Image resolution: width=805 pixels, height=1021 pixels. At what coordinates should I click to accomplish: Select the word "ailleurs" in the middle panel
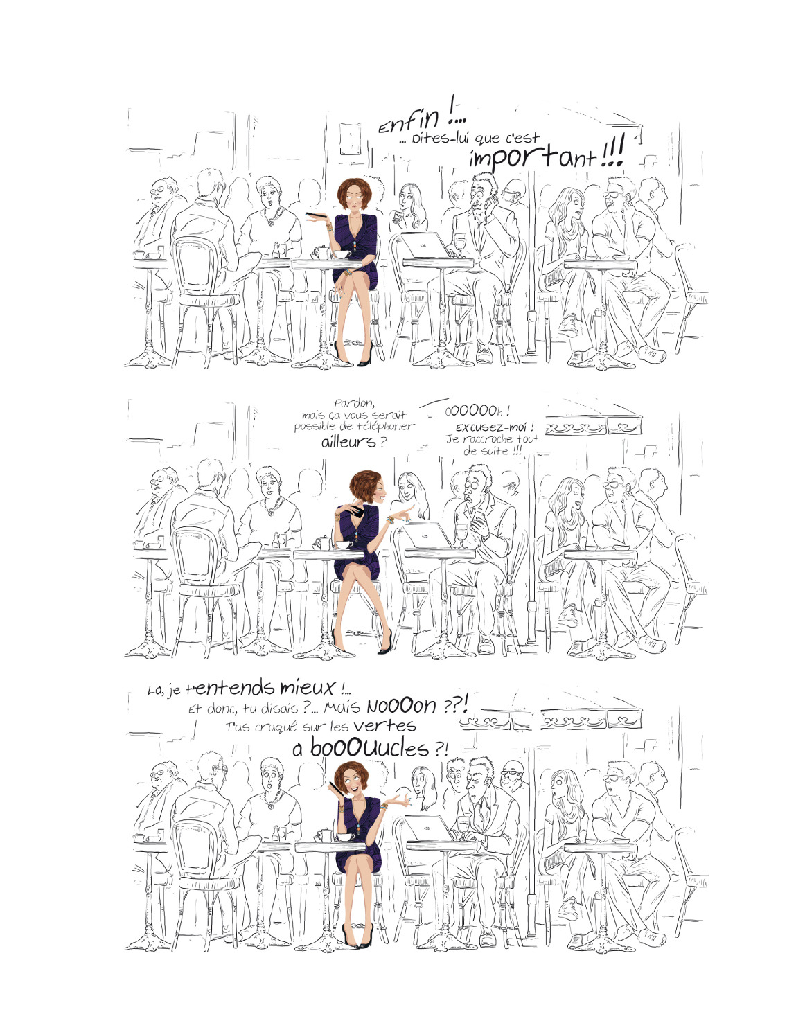tap(348, 442)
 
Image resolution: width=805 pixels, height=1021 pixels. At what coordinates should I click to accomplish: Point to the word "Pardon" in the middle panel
tap(354, 404)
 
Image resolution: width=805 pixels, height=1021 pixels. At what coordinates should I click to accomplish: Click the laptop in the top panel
tap(425, 245)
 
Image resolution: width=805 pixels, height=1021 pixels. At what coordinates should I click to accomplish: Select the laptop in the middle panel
tap(427, 535)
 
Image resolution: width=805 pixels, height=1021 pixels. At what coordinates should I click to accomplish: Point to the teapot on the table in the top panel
tap(321, 251)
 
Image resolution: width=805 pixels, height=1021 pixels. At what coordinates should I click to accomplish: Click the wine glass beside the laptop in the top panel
tap(459, 244)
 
